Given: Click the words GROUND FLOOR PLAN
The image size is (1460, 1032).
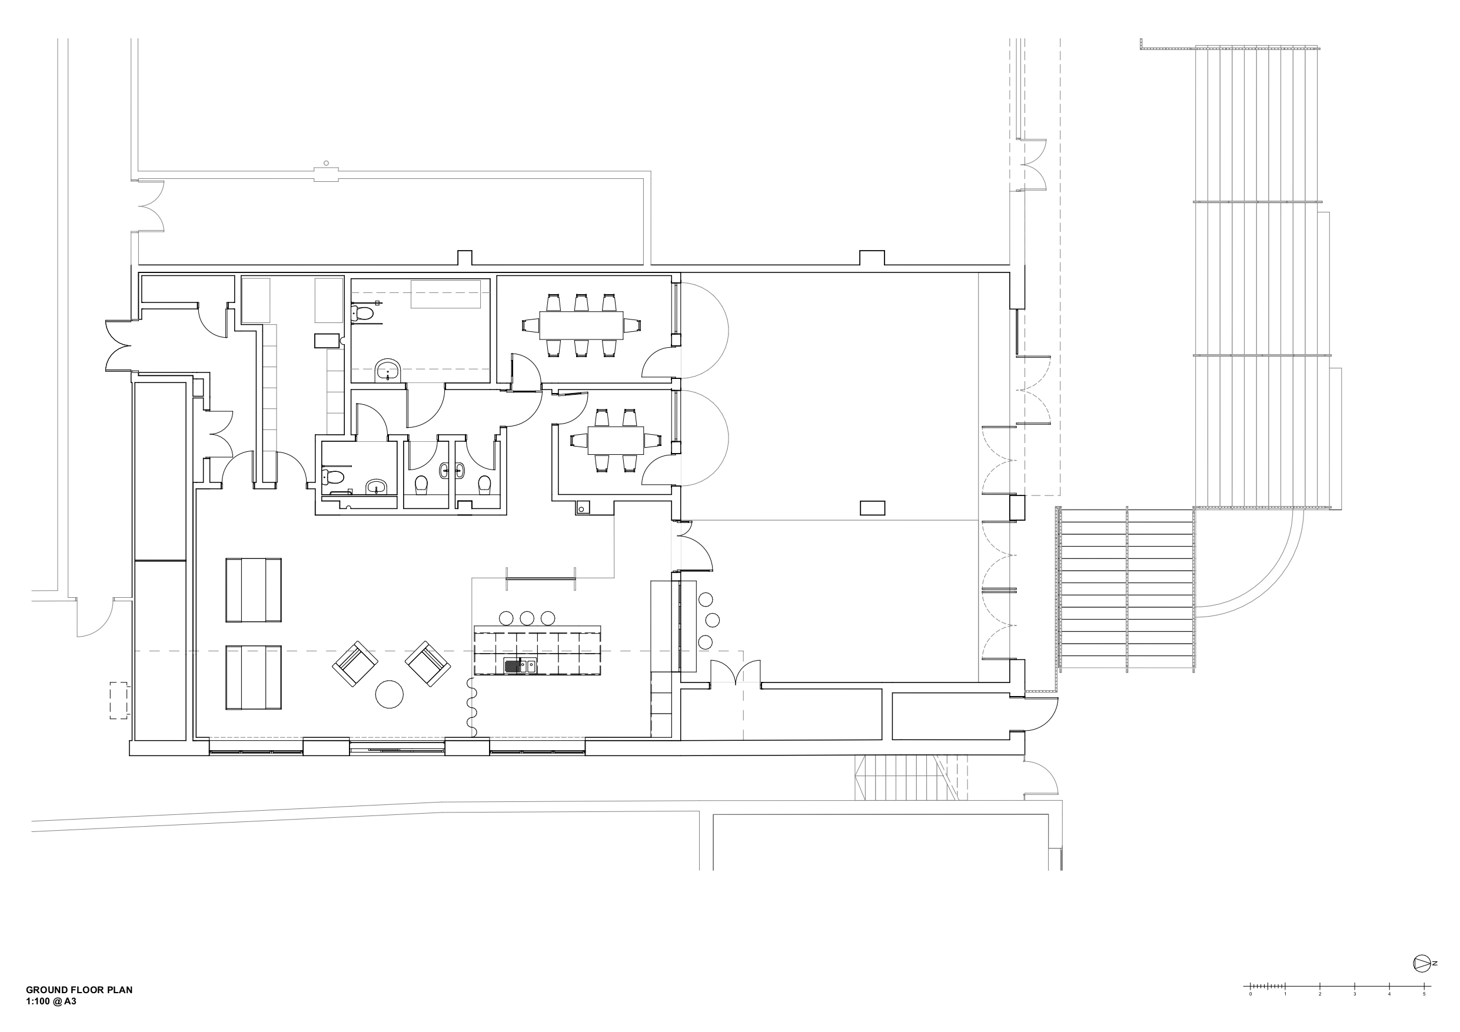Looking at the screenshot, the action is (x=79, y=990).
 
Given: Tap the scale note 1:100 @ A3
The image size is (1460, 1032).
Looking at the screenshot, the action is (x=52, y=1001).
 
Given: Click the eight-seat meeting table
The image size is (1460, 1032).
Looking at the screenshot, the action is (x=581, y=325).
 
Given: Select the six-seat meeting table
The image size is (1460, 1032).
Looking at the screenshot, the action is (x=616, y=440).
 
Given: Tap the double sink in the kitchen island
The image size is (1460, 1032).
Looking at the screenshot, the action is (x=520, y=666).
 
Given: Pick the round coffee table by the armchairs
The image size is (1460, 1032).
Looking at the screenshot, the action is (x=389, y=694).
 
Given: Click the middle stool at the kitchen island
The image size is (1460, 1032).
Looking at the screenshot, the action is (x=527, y=617).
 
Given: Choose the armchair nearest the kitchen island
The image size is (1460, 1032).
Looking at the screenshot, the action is (x=428, y=664).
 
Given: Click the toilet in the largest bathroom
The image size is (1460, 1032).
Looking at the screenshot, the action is (x=362, y=314).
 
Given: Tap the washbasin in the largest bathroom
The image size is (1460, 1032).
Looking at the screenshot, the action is (x=388, y=369).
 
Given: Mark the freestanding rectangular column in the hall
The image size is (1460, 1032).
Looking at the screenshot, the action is (x=873, y=508).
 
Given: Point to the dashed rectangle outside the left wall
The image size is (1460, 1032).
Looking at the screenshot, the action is (x=119, y=700).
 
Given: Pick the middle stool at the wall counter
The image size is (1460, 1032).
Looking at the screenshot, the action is (x=713, y=620).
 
